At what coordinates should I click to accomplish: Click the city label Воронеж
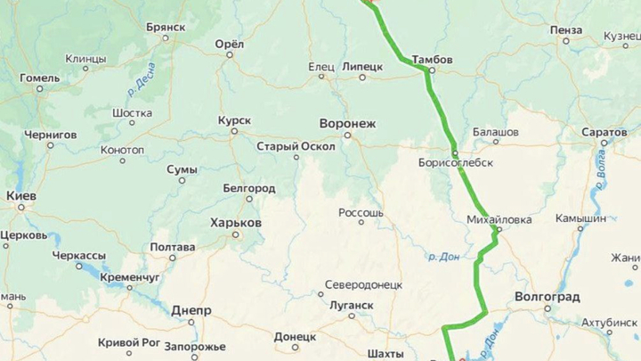pos(347,123)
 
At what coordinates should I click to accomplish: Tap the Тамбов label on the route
pos(432,60)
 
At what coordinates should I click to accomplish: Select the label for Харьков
pos(235,222)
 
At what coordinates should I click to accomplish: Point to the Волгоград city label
pos(547,296)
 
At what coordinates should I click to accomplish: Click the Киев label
pos(21,195)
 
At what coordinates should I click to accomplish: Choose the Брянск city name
pos(166,27)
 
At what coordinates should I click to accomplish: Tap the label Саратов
pos(604,132)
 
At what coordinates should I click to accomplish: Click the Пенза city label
pos(565,29)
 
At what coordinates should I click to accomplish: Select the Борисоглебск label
pos(455,163)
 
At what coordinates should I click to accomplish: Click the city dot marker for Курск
pos(234,132)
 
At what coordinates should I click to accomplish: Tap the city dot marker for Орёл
pos(230,55)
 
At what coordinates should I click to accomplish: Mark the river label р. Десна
pos(141,78)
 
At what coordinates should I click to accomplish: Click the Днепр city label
pos(191,310)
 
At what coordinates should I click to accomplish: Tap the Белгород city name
pos(248,189)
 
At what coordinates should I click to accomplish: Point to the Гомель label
pos(40,78)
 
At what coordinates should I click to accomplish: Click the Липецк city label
pos(362,66)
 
